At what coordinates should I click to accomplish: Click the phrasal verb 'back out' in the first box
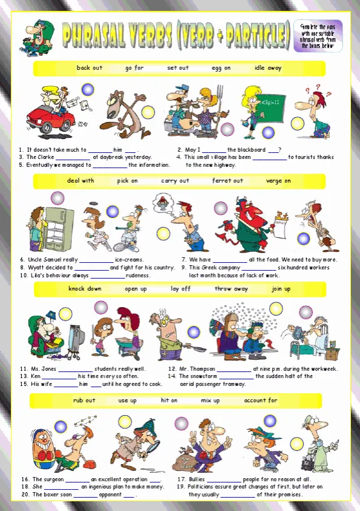pyautogui.click(x=89, y=68)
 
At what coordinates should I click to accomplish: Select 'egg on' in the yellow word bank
pyautogui.click(x=221, y=68)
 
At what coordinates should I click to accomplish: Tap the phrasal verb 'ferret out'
pyautogui.click(x=227, y=181)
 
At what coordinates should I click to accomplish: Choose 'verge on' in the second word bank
pyautogui.click(x=278, y=181)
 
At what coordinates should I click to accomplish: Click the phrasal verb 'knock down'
pyautogui.click(x=84, y=289)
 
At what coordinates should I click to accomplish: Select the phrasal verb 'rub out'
pyautogui.click(x=84, y=401)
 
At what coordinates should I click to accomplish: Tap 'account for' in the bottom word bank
pyautogui.click(x=261, y=401)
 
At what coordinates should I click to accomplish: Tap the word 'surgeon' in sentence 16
pyautogui.click(x=53, y=479)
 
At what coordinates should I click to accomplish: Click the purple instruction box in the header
pyautogui.click(x=318, y=36)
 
